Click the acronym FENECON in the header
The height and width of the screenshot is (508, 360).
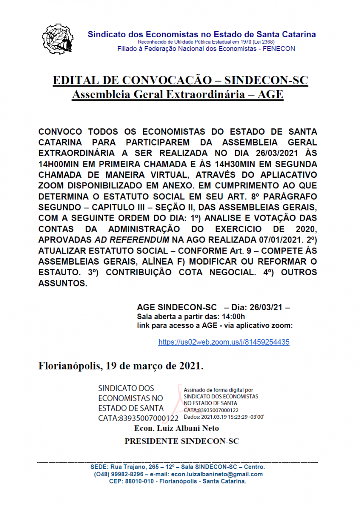279,49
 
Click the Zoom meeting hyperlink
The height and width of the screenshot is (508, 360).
224,342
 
